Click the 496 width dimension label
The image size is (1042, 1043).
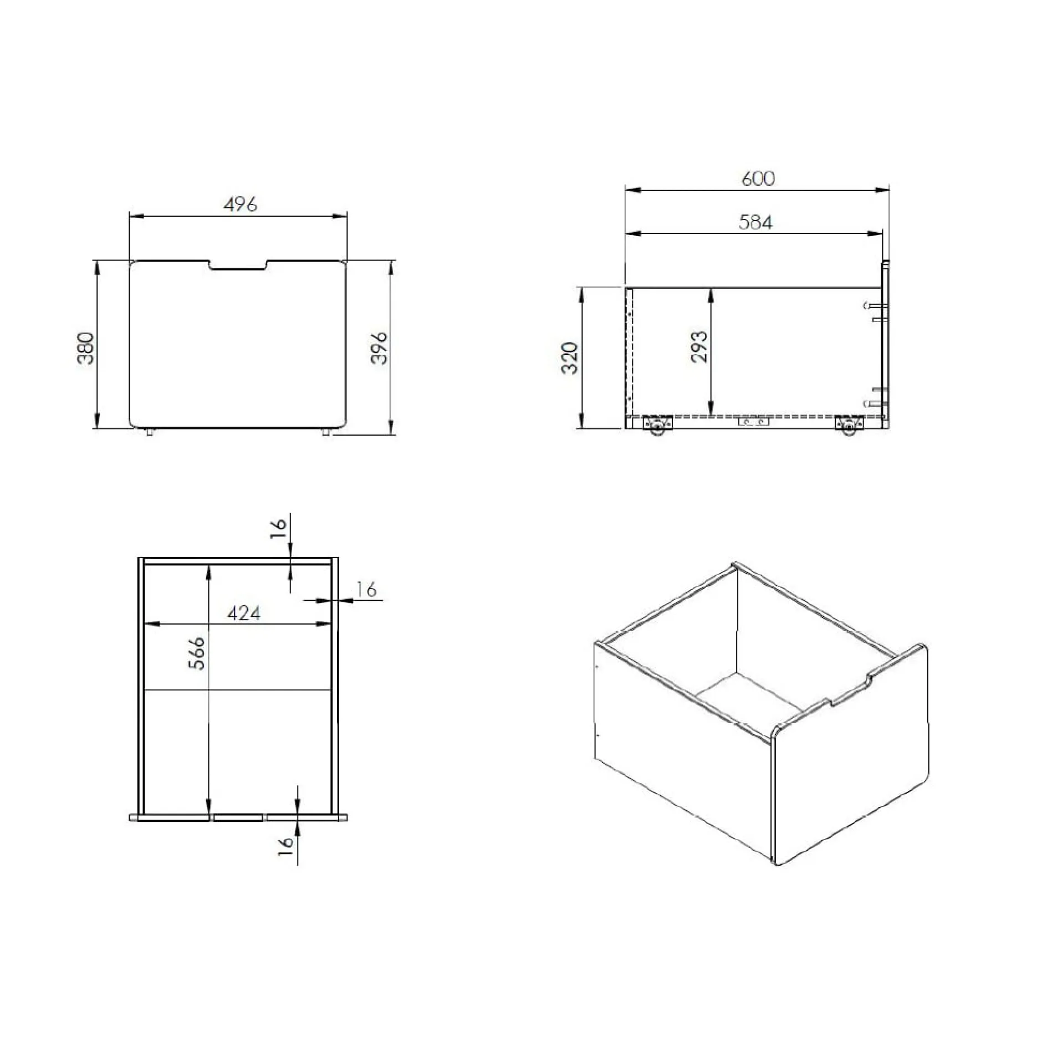240,204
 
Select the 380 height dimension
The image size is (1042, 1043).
85,347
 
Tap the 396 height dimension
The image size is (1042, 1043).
379,347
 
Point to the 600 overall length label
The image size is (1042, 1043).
758,178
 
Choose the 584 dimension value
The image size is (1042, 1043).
755,222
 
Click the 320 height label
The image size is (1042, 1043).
570,357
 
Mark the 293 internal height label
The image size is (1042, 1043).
699,346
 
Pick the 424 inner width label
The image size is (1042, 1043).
243,613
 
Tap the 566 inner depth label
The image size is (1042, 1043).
196,653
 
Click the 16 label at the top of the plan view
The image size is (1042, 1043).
278,528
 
